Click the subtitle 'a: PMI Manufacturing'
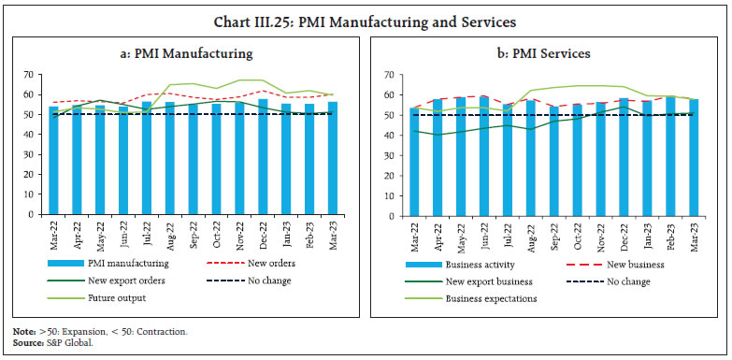pyautogui.click(x=192, y=53)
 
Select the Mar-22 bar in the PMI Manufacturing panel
pyautogui.click(x=53, y=159)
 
